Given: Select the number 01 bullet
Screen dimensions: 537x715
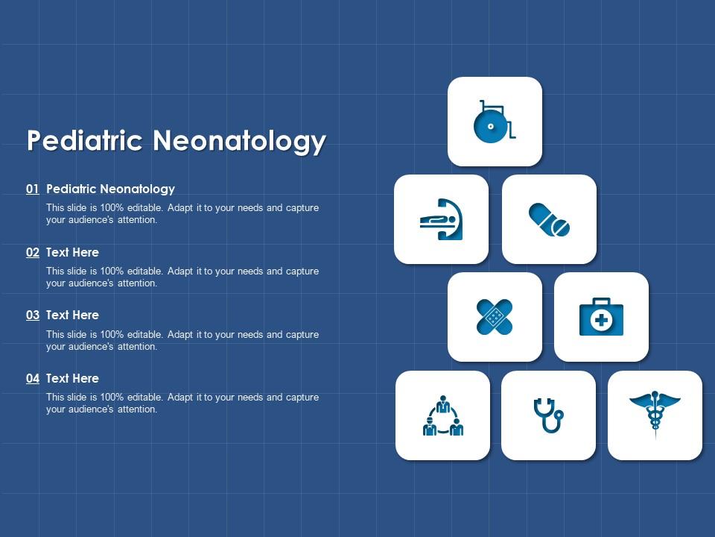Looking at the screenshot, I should pyautogui.click(x=33, y=189).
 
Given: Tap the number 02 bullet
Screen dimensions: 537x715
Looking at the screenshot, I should pyautogui.click(x=33, y=253).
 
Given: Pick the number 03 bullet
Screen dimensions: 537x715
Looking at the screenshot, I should pyautogui.click(x=33, y=315).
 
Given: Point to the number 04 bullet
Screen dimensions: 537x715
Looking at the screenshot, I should pyautogui.click(x=33, y=379).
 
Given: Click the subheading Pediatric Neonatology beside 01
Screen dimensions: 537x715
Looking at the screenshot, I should pyautogui.click(x=110, y=189).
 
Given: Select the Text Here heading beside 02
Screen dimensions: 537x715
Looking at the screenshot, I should pyautogui.click(x=72, y=253).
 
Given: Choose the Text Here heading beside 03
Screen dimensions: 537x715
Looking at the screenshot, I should pyautogui.click(x=72, y=315).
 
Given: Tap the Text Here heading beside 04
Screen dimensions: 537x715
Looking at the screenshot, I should pyautogui.click(x=72, y=379).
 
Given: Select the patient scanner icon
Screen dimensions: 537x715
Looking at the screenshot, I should pyautogui.click(x=441, y=219).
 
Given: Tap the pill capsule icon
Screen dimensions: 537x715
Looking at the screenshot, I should pyautogui.click(x=550, y=219).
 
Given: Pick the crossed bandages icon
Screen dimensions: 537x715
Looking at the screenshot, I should pyautogui.click(x=495, y=317).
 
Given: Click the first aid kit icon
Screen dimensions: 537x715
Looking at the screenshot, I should pyautogui.click(x=601, y=317).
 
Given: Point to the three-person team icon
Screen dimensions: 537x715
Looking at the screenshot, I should pyautogui.click(x=443, y=415).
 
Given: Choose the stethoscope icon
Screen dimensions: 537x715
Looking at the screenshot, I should pyautogui.click(x=549, y=415).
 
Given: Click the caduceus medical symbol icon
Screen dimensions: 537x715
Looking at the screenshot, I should pyautogui.click(x=655, y=414).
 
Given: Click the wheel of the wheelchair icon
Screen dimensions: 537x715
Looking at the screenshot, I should pyautogui.click(x=489, y=127).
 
